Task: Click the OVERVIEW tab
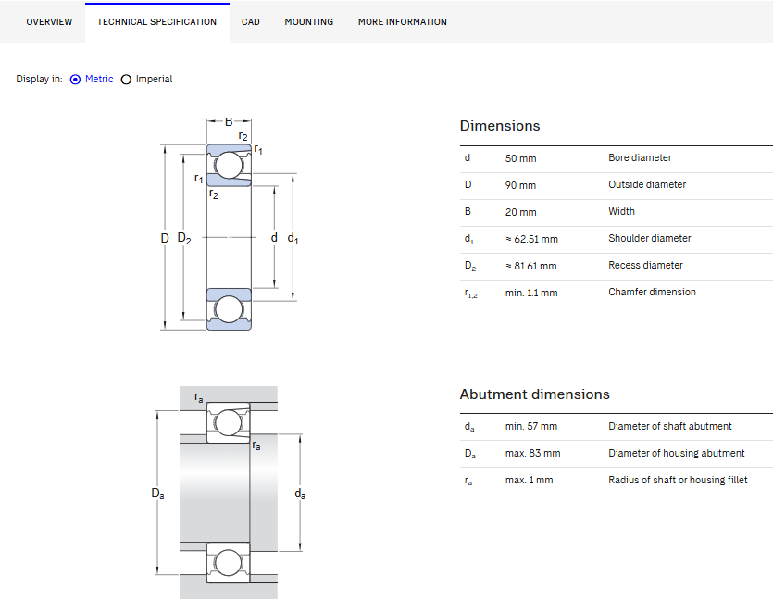[x=49, y=21]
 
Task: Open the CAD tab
[x=251, y=21]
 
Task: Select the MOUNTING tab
[x=308, y=21]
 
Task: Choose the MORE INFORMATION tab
[x=403, y=21]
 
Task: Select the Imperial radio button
[x=126, y=80]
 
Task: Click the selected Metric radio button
[x=75, y=80]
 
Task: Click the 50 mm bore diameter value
[x=520, y=158]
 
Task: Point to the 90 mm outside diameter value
[x=520, y=185]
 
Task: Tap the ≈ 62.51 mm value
[x=531, y=239]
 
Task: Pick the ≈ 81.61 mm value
[x=531, y=266]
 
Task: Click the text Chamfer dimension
[x=652, y=292]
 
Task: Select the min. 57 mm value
[x=531, y=426]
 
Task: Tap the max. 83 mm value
[x=532, y=453]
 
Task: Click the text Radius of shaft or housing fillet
[x=678, y=480]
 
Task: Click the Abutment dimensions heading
[x=534, y=394]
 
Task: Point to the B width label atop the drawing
[x=229, y=122]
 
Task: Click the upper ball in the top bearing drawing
[x=229, y=165]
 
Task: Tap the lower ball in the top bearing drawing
[x=229, y=309]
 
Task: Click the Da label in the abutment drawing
[x=157, y=494]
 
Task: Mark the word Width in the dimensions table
[x=621, y=211]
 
